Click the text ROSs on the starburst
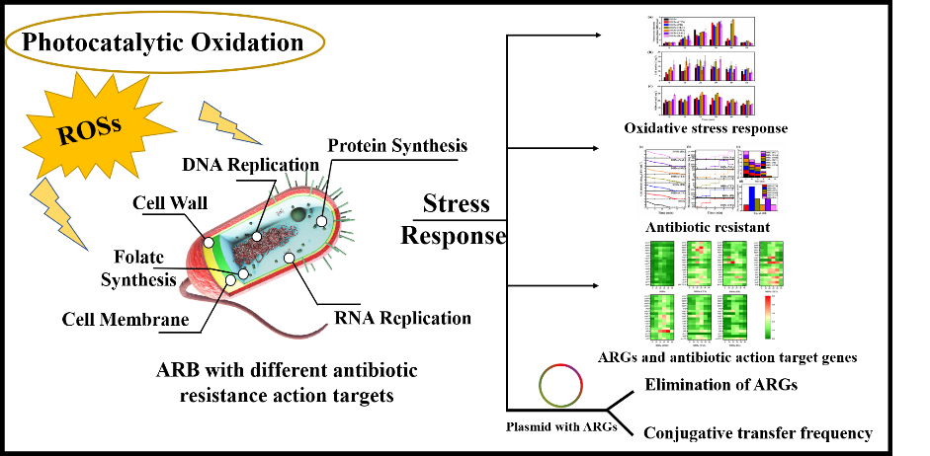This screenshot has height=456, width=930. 89,128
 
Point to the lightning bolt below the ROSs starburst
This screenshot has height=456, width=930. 58,212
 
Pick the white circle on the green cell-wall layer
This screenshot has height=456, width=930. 209,243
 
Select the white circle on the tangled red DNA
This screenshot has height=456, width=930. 257,237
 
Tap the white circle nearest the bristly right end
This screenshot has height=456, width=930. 321,221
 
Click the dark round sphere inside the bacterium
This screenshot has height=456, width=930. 297,213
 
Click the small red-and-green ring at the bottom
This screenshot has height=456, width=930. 560,386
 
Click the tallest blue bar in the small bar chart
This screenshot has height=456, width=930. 751,197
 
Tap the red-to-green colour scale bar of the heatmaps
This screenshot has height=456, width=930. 768,316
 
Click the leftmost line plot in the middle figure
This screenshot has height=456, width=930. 661,179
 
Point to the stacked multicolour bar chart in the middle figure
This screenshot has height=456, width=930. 760,163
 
